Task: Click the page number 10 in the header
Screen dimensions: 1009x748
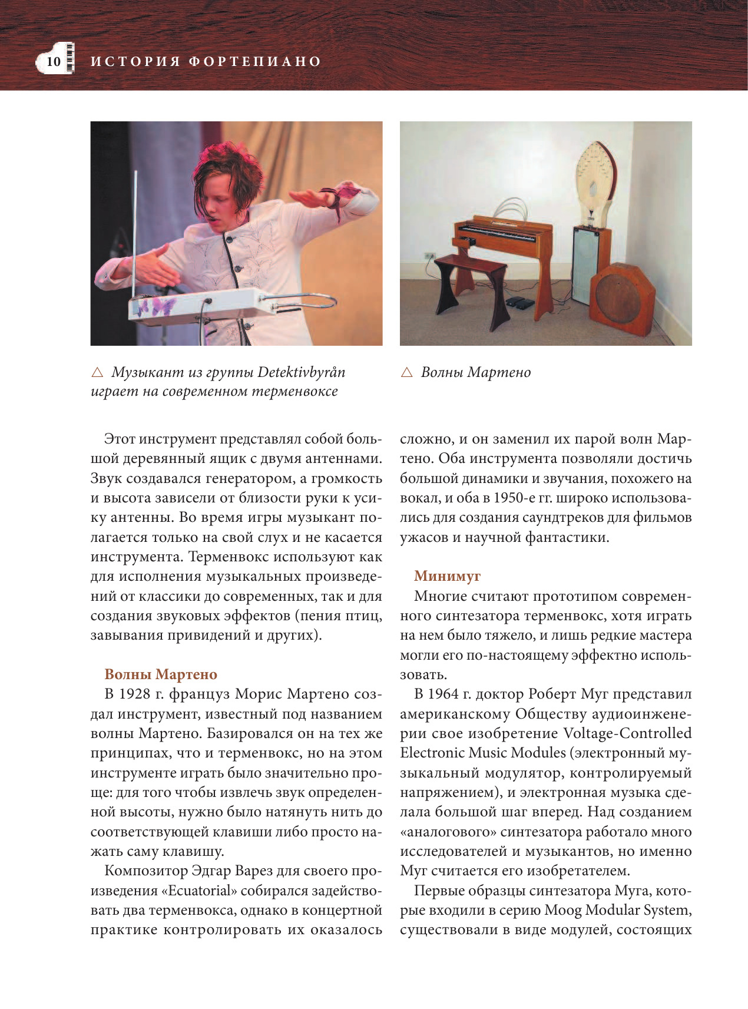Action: tap(54, 61)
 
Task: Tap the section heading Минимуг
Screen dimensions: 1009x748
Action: tap(447, 576)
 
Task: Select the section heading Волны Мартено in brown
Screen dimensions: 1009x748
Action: tap(161, 674)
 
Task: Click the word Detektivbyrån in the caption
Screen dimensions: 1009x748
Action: tap(302, 372)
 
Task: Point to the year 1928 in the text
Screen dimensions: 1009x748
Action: tap(134, 694)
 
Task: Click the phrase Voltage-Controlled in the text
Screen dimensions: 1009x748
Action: tap(627, 733)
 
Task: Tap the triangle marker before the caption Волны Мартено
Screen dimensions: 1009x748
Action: tap(406, 372)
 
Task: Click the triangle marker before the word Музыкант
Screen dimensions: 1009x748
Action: tap(97, 372)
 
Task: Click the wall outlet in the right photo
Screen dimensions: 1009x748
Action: tap(429, 257)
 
